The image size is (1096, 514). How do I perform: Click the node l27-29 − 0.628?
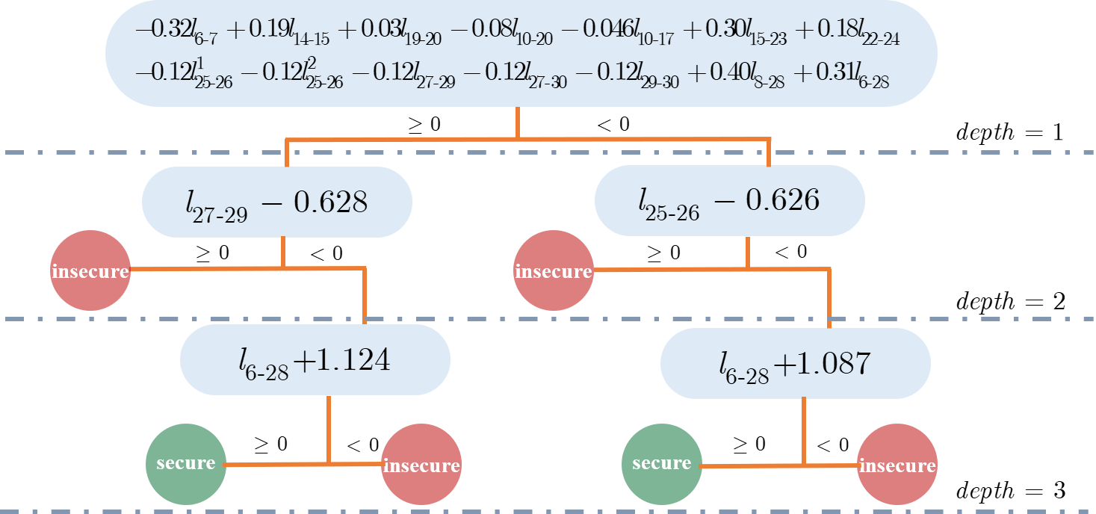277,202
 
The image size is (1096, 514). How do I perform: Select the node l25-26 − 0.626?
729,200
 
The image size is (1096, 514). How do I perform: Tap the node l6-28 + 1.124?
315,360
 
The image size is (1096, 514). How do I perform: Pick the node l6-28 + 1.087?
796,363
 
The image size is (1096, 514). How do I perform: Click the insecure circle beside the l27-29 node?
90,270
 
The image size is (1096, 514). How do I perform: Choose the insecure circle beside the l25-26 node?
554,270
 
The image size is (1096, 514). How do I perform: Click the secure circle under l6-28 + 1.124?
186,464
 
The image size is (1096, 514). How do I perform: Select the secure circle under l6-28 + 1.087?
662,464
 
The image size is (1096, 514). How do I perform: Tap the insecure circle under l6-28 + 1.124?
421,464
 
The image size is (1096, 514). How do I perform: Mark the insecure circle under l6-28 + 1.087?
897,464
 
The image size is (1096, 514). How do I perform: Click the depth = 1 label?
1010,132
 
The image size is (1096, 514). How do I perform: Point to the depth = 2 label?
1011,301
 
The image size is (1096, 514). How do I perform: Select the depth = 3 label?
1011,490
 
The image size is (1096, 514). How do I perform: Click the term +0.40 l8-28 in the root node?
737,75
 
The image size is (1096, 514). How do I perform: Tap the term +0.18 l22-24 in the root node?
847,32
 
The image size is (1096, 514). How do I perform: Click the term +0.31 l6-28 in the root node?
841,75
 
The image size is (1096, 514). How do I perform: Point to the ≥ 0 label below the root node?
424,125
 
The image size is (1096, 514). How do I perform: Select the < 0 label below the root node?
613,125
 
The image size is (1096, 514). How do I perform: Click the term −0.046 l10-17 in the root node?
617,32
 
